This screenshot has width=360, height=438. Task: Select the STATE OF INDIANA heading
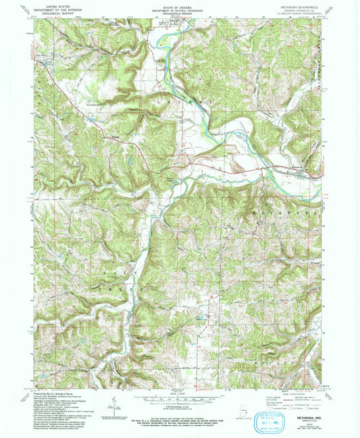[x=180, y=6]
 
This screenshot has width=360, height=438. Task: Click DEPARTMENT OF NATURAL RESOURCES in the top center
[x=180, y=9]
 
